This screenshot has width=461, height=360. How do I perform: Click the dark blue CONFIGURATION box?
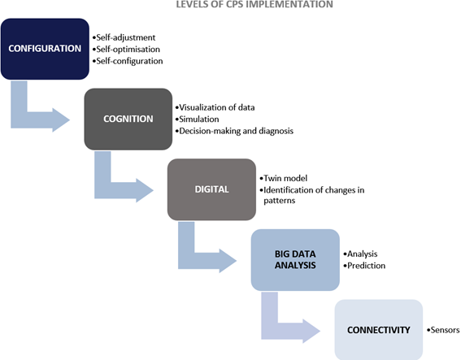pyautogui.click(x=45, y=49)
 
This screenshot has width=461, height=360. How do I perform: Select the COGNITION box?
pyautogui.click(x=128, y=119)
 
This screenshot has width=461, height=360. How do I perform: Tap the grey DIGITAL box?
pyautogui.click(x=211, y=189)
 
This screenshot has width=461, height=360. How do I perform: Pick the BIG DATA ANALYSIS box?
pyautogui.click(x=295, y=260)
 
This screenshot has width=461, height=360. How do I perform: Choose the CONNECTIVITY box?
pyautogui.click(x=379, y=330)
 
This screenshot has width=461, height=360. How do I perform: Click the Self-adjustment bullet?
pyautogui.click(x=124, y=37)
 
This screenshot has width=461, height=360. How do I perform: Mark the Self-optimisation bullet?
pyautogui.click(x=126, y=50)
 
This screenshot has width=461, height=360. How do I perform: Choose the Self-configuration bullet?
pyautogui.click(x=128, y=61)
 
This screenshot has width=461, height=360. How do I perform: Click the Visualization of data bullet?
pyautogui.click(x=215, y=107)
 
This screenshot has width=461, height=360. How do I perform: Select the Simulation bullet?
pyautogui.click(x=197, y=119)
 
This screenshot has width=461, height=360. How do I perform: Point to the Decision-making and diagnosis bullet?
pyautogui.click(x=234, y=131)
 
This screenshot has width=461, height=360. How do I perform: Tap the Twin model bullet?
pyautogui.click(x=284, y=179)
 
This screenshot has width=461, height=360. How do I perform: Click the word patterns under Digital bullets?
pyautogui.click(x=280, y=201)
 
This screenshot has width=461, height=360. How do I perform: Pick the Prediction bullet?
pyautogui.click(x=364, y=266)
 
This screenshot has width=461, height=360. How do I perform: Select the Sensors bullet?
pyautogui.click(x=443, y=330)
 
